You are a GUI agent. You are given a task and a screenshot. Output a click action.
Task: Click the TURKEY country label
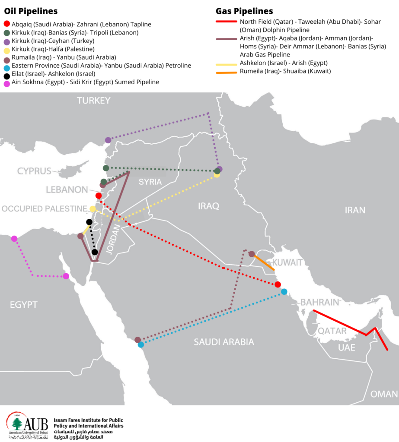pyautogui.click(x=93, y=101)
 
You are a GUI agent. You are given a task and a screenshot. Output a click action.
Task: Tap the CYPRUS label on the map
pyautogui.click(x=34, y=171)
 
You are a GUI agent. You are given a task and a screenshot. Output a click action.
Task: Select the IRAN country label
pyautogui.click(x=354, y=210)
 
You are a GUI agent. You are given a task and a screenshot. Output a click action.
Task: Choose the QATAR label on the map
pyautogui.click(x=332, y=331)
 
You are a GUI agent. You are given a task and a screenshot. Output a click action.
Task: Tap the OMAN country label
pyautogui.click(x=384, y=394)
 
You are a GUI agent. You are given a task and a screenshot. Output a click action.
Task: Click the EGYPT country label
pyautogui.click(x=23, y=305)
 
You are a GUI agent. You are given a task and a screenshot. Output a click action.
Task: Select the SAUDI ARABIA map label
pyautogui.click(x=223, y=342)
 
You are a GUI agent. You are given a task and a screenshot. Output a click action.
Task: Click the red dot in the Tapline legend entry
pyautogui.click(x=6, y=25)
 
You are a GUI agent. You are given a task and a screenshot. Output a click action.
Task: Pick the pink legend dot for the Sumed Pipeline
pyautogui.click(x=6, y=82)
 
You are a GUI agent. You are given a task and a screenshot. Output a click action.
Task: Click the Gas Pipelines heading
pyautogui.click(x=244, y=11)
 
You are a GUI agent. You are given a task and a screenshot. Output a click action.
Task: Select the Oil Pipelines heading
pyautogui.click(x=31, y=11)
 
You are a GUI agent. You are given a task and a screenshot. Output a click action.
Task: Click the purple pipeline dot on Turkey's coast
pyautogui.click(x=108, y=140)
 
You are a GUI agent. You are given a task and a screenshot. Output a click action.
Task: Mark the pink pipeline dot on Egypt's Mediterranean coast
pyautogui.click(x=14, y=239)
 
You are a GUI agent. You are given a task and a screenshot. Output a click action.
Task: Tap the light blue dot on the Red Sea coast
pyautogui.click(x=140, y=344)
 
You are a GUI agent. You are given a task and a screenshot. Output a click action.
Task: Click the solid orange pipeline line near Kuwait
pyautogui.click(x=264, y=262)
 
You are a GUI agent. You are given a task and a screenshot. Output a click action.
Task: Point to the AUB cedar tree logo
pyautogui.click(x=17, y=424)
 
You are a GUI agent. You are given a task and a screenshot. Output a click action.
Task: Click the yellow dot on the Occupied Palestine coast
pyautogui.click(x=93, y=209)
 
